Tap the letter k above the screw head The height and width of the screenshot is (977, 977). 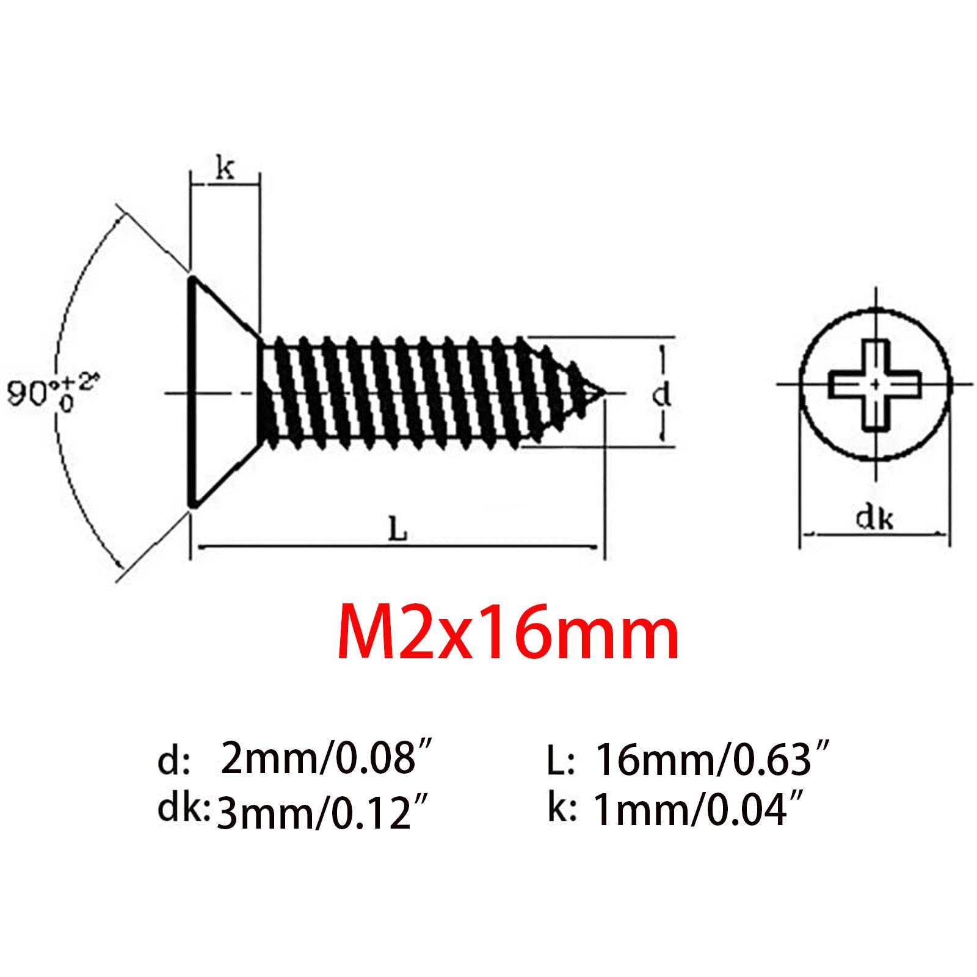[225, 168]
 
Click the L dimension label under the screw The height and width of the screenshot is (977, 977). [398, 530]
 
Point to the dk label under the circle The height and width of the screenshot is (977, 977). [874, 518]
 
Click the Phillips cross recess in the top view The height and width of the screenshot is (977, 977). [875, 385]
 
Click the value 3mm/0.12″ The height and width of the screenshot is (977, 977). [321, 814]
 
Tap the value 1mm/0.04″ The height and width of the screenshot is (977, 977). [702, 811]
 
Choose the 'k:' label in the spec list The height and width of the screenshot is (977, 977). [561, 809]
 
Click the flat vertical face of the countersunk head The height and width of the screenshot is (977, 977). [192, 391]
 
